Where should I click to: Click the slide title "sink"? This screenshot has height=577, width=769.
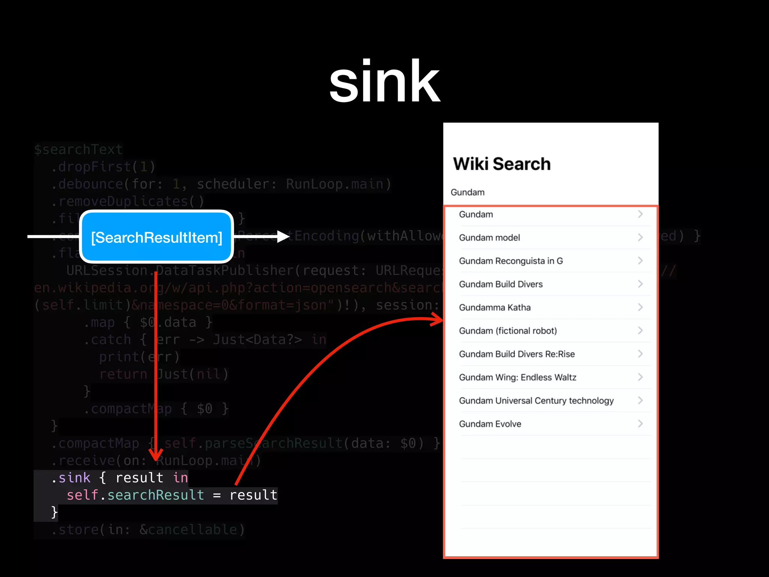coord(384,82)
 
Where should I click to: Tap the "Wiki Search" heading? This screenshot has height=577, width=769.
coord(502,164)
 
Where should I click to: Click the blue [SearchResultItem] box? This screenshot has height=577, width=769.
coord(157,237)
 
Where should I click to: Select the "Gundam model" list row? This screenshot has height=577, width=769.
coord(489,237)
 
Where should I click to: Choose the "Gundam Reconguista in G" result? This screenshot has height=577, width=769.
coord(511,261)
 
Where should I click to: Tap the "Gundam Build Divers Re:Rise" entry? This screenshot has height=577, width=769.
coord(517,354)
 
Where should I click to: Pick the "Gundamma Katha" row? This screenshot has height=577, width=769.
coord(495,307)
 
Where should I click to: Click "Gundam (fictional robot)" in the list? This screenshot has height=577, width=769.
coord(508,331)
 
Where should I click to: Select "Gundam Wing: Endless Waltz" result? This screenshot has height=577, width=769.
coord(517,377)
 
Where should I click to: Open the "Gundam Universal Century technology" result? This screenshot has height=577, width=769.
coord(536,400)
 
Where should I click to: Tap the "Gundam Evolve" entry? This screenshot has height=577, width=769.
coord(490,424)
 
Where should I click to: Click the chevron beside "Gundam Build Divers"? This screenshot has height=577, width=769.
coord(641,284)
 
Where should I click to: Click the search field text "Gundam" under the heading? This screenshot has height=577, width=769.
coord(467,192)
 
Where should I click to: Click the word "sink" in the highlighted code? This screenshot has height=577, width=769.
coord(74,478)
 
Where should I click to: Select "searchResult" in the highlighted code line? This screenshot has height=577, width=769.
coord(155,495)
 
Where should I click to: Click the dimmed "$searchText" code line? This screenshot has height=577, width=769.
coord(78,150)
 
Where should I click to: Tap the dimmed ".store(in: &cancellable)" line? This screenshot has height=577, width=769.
coord(148,530)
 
